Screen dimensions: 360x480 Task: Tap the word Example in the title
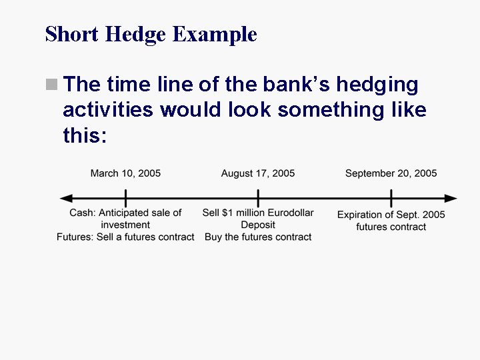point(215,34)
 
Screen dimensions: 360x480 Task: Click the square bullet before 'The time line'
point(51,85)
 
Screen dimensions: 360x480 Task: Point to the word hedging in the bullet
point(377,85)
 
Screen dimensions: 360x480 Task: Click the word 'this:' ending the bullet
point(85,135)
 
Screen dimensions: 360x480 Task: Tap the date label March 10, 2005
point(125,173)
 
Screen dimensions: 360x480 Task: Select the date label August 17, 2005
point(258,173)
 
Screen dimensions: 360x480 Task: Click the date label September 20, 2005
point(391,173)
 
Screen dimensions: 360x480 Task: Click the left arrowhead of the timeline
point(65,199)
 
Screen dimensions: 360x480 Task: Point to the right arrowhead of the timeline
point(452,199)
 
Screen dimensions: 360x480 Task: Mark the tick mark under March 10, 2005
point(125,199)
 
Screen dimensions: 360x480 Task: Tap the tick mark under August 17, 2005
point(258,199)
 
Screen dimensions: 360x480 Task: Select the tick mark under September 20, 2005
point(391,199)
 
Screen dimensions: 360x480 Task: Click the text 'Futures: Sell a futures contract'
point(125,237)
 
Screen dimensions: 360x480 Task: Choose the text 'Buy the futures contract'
point(258,237)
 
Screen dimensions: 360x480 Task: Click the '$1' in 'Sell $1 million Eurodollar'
point(228,213)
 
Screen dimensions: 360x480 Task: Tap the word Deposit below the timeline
point(258,225)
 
